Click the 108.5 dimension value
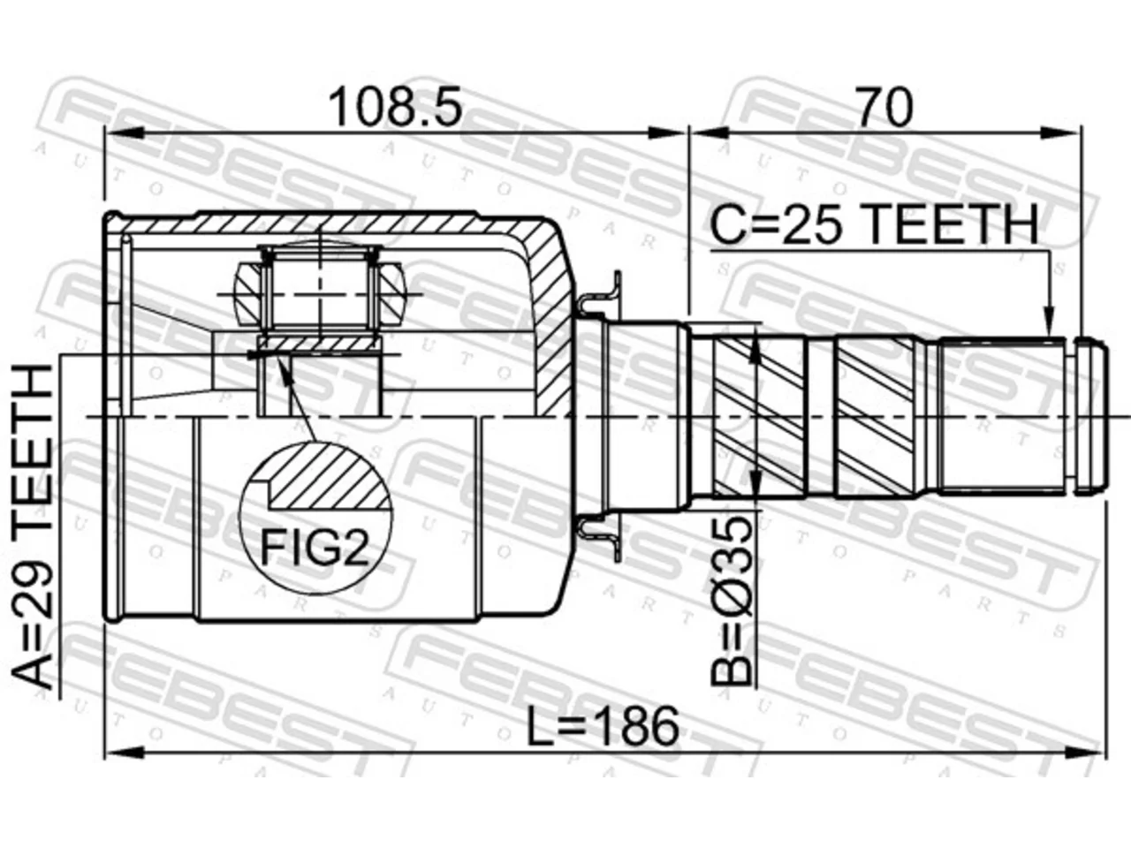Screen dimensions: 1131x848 click(x=395, y=108)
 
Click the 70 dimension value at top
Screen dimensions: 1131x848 click(x=884, y=108)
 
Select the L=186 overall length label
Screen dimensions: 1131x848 click(x=603, y=726)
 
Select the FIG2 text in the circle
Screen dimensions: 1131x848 click(x=315, y=547)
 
